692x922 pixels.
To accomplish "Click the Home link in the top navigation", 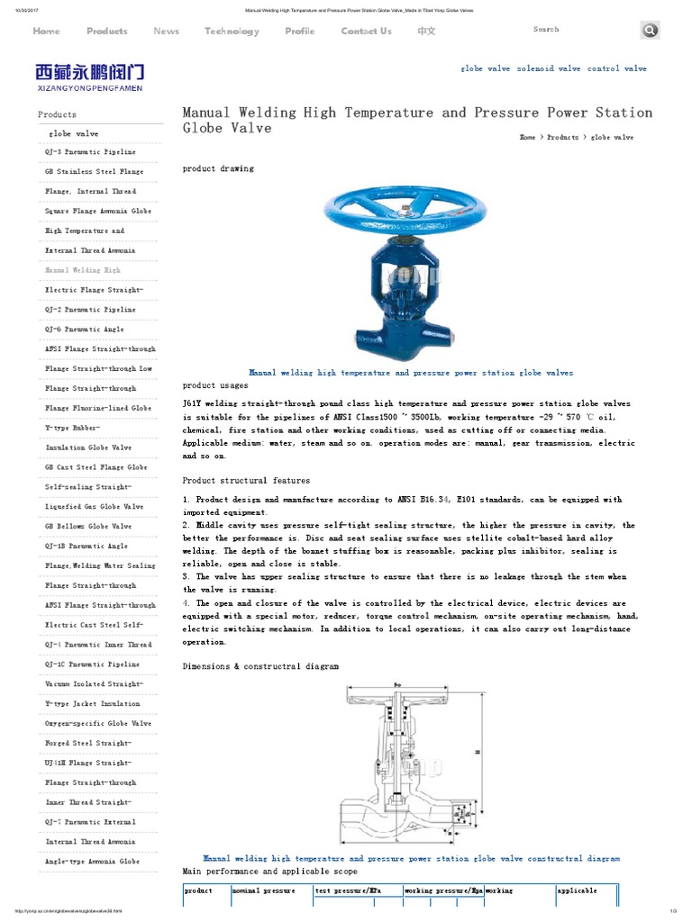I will coord(46,31).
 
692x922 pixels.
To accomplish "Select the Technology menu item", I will coord(232,31).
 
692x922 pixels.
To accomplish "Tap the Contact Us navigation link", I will coord(366,31).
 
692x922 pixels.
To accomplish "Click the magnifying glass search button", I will coord(650,31).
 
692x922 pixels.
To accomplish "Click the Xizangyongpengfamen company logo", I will coord(89,76).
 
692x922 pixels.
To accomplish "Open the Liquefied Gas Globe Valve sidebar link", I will coord(94,507).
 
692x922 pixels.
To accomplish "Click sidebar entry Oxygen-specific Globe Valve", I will coord(98,723).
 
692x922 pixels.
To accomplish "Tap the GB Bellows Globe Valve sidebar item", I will coord(88,526).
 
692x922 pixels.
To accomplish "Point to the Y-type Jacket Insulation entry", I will coord(93,703).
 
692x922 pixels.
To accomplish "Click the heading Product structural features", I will coord(246,481).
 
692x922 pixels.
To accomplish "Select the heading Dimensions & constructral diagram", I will coord(260,666).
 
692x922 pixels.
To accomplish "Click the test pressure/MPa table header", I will coord(348,890).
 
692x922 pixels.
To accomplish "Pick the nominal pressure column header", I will coord(264,890).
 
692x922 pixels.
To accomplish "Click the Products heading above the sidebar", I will coord(57,114).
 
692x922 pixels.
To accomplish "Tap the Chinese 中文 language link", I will coord(426,31).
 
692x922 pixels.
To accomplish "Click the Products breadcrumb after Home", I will coord(562,137).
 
